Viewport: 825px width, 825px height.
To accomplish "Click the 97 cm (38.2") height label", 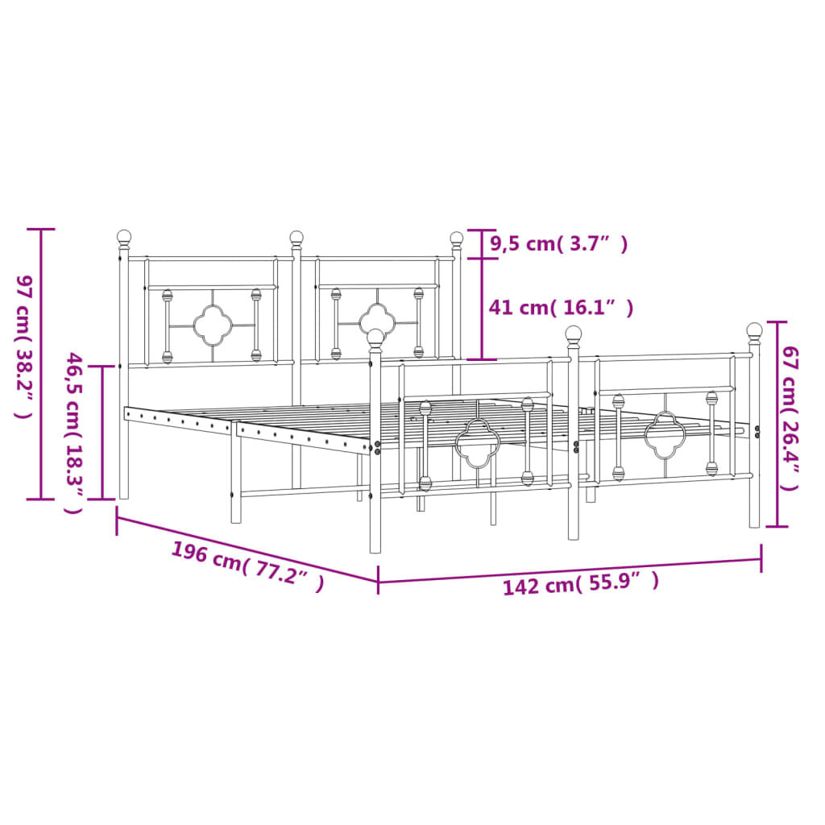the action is tap(24, 346).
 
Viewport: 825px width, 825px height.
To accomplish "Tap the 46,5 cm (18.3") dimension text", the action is tap(73, 433).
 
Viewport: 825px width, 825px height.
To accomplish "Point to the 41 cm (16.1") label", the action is tap(561, 307).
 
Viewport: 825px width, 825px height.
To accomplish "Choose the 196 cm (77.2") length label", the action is tap(247, 566).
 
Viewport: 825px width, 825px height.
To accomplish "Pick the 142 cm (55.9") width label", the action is tap(581, 583).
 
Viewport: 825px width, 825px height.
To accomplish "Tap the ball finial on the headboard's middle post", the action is tap(296, 238).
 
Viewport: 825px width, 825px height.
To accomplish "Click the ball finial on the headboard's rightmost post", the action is tap(457, 238).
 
